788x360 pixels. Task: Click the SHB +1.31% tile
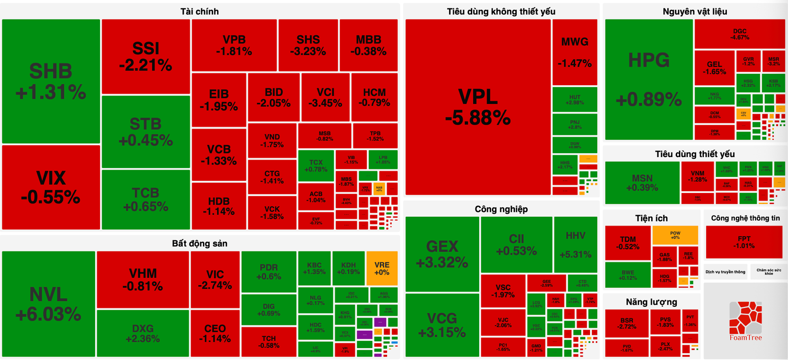(x=51, y=81)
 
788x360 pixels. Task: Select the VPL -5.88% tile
(x=478, y=107)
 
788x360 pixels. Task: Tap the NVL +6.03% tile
(x=48, y=304)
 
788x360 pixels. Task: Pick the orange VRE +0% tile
(x=382, y=268)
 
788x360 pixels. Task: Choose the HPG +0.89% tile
(x=649, y=80)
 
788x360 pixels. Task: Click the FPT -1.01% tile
(x=744, y=242)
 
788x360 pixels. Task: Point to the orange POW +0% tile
(x=675, y=235)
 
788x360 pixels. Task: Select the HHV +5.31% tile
(x=575, y=245)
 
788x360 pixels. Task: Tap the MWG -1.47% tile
(x=575, y=52)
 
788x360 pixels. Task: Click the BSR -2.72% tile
(x=626, y=324)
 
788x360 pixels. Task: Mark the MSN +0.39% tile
(x=642, y=182)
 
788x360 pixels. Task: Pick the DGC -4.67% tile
(x=739, y=34)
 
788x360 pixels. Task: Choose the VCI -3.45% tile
(x=325, y=98)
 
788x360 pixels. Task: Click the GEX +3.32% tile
(x=442, y=254)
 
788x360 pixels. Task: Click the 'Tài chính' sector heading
(x=199, y=11)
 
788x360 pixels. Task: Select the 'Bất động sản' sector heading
(x=199, y=243)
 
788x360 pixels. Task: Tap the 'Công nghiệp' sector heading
(x=501, y=209)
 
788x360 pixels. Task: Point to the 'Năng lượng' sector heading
(x=651, y=302)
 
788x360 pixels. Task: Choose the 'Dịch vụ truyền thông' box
(x=725, y=272)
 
